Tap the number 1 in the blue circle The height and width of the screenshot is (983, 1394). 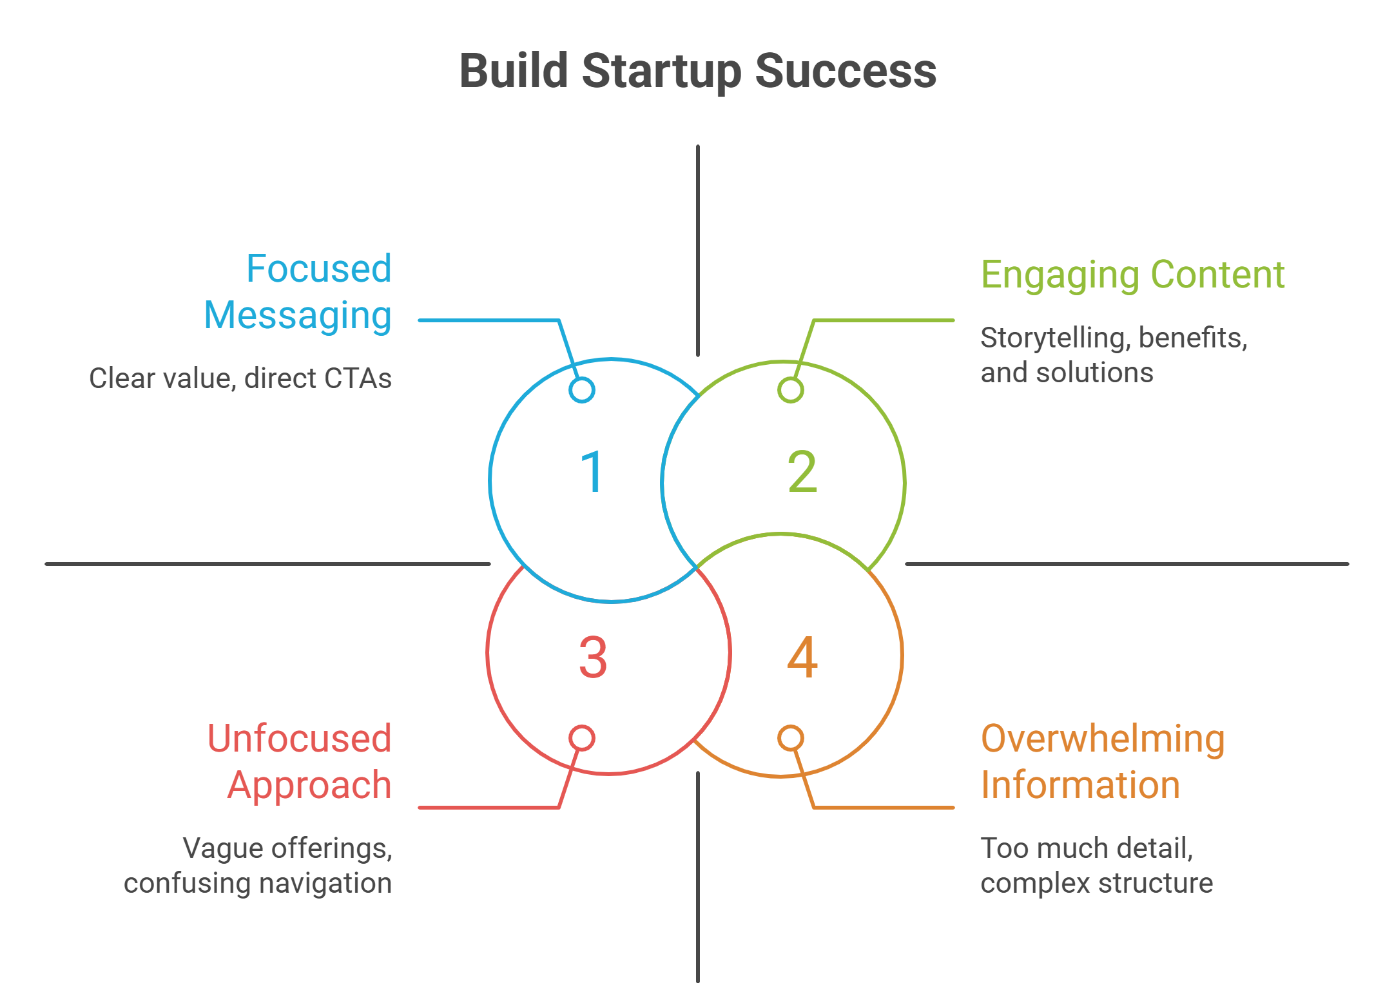click(x=592, y=472)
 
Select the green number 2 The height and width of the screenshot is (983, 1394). click(x=802, y=472)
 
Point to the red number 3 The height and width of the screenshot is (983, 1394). click(x=593, y=657)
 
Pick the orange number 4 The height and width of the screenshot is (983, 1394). click(x=802, y=657)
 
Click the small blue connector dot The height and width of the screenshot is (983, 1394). click(x=582, y=390)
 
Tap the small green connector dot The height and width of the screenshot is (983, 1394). click(x=791, y=390)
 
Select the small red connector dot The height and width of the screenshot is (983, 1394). click(x=582, y=738)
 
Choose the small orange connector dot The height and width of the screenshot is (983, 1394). click(x=791, y=738)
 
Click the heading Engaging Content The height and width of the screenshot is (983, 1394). click(x=1132, y=275)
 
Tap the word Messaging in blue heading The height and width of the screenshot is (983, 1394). click(x=298, y=316)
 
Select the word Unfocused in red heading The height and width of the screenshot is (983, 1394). click(x=299, y=739)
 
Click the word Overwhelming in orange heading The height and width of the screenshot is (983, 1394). click(x=1103, y=739)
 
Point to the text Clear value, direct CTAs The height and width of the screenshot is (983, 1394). click(x=240, y=378)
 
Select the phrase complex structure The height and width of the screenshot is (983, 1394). click(x=1096, y=884)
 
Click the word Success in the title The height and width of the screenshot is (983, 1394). click(x=846, y=72)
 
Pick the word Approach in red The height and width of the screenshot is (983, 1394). click(x=309, y=786)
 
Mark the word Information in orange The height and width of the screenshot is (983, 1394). click(x=1080, y=786)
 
